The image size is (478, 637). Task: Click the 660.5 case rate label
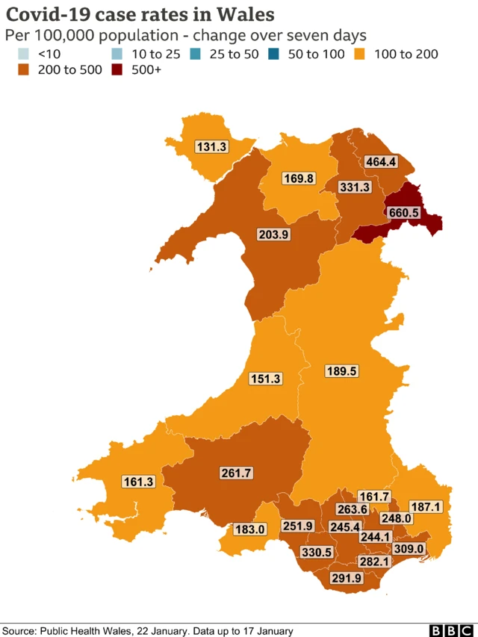click(404, 213)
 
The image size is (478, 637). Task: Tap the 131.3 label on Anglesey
click(211, 147)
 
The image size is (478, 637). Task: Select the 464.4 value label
click(381, 161)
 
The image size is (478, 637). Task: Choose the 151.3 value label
click(265, 379)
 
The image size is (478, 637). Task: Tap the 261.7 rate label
click(237, 473)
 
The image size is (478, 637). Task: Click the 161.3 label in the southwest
click(137, 482)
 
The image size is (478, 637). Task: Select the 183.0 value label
click(250, 529)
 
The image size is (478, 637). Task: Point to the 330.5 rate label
click(317, 552)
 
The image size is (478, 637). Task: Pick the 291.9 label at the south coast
click(347, 577)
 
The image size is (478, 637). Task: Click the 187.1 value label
click(426, 507)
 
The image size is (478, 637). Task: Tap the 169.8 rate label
click(298, 178)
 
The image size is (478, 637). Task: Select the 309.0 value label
click(409, 549)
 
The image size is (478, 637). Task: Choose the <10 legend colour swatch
click(24, 54)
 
